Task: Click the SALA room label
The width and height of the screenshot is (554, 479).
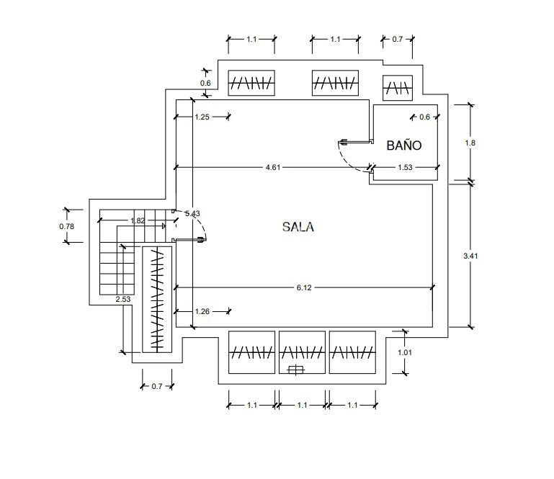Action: coord(298,227)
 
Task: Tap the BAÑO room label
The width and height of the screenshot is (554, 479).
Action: coord(403,146)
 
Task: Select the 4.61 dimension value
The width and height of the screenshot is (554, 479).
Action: coord(272,168)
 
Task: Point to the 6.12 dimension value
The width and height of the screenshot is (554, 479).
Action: coord(303,288)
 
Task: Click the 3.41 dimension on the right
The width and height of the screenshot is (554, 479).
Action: coord(470,255)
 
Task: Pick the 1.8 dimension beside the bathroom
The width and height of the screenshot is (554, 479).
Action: coord(470,143)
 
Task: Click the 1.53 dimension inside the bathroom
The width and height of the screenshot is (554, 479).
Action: coord(406,168)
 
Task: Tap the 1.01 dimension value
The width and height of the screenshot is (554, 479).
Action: coord(406,352)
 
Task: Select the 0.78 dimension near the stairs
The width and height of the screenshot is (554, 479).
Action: coord(66,226)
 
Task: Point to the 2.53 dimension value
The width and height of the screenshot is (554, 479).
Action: coord(123,299)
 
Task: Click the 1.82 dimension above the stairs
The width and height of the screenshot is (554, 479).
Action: coord(138,220)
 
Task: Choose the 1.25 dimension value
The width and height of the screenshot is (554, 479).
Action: coord(202,117)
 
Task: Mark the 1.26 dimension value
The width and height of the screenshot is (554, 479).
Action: coord(202,312)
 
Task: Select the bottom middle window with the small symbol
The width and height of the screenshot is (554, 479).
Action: coord(302,352)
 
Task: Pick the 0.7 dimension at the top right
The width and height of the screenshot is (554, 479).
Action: coord(398,40)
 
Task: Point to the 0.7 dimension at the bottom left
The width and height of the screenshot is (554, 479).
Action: coord(157,387)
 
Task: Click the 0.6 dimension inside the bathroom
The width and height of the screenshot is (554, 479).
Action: coord(424,117)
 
